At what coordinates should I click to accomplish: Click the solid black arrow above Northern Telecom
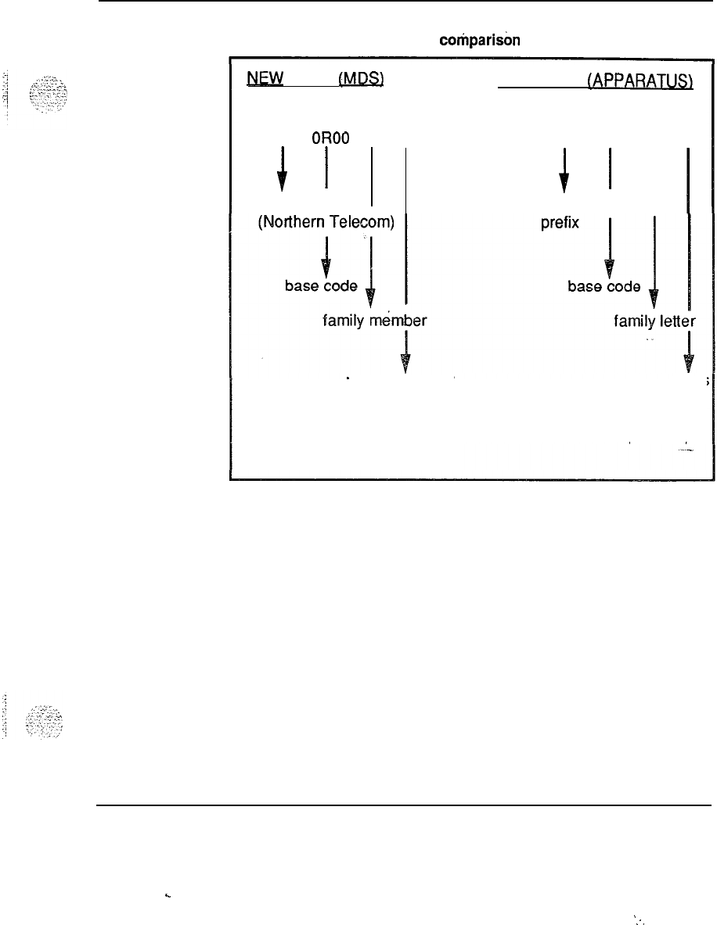tap(282, 167)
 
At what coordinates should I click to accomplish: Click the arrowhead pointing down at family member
tap(371, 298)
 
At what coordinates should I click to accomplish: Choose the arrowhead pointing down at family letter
tap(654, 298)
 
